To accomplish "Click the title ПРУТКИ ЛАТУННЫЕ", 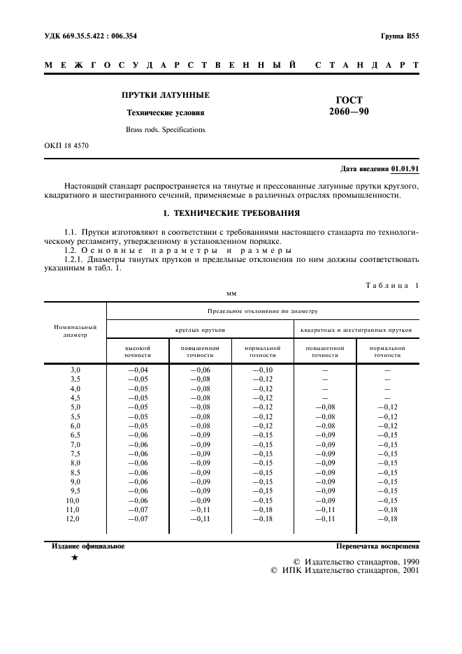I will tap(166, 95).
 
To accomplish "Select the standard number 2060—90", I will tap(349, 111).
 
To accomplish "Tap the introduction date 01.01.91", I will tap(405, 168).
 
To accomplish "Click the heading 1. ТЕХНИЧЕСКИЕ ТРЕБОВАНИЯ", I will tap(231, 213).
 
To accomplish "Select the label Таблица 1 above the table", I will tap(391, 285).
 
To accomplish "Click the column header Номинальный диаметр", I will tap(75, 330).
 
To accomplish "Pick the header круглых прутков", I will tap(200, 328).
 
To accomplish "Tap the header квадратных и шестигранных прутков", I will tap(356, 328).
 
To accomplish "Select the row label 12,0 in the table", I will tap(73, 519).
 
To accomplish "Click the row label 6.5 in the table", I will tap(75, 435).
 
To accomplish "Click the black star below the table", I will tap(74, 559).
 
